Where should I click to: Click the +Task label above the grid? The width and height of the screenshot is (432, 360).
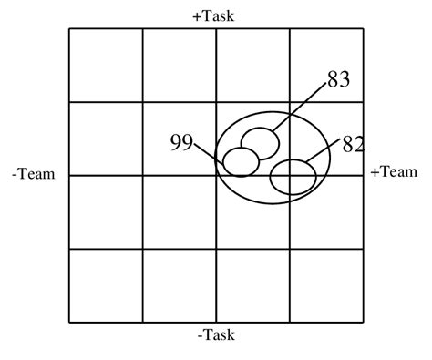point(216,15)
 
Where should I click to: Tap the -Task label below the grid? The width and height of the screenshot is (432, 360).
point(216,334)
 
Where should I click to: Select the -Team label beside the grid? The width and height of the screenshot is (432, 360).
point(34,173)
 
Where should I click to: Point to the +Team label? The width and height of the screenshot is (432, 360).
point(394,171)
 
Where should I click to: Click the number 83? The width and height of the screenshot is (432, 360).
point(338,80)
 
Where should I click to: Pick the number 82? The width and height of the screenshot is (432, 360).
point(353,143)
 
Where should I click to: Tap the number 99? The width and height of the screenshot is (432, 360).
point(180,142)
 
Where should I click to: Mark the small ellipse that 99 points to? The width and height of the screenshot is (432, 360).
point(242,162)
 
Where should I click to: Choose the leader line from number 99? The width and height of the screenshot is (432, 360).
point(208,156)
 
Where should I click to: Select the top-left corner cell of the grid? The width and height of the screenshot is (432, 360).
point(106,65)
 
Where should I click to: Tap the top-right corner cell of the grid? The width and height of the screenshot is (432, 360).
point(326,65)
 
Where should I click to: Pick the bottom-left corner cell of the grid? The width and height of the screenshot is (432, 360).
point(106,284)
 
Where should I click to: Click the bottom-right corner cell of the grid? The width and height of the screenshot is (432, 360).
point(326,284)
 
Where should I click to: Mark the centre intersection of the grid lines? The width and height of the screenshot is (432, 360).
point(216,175)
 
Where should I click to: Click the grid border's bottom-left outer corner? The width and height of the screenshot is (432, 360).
point(69,322)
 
